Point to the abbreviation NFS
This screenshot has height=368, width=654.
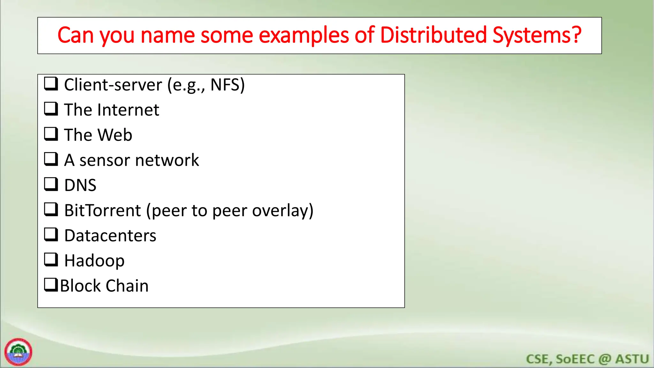[225, 85]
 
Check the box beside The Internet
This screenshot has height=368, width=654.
[51, 109]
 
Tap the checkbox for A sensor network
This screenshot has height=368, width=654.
[51, 159]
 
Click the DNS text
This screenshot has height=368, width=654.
[80, 185]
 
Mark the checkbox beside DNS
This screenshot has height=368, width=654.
[51, 184]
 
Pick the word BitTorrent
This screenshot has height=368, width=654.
[103, 211]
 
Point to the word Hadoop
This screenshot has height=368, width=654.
[94, 261]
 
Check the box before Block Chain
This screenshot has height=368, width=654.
[51, 284]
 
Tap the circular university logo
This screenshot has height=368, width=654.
[18, 352]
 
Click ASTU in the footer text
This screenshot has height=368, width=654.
[632, 359]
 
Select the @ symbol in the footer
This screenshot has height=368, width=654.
[605, 359]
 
